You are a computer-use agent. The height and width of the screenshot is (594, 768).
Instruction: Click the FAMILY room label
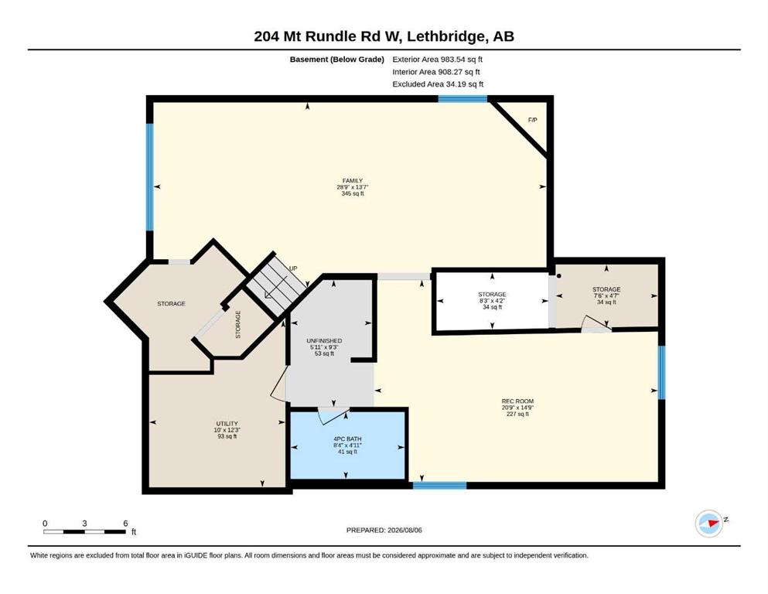coord(353,181)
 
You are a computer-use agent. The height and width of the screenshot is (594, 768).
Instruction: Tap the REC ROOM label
coord(517,401)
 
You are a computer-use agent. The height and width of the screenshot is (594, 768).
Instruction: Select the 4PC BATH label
coord(347,439)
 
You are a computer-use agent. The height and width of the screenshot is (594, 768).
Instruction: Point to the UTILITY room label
coord(227,424)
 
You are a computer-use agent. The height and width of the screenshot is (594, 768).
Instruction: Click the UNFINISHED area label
coord(324,341)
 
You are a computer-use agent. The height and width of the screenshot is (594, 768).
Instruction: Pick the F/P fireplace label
coord(532,120)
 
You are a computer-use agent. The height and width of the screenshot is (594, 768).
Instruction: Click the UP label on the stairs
coord(293,268)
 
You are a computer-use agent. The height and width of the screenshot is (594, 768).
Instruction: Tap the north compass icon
coord(709,523)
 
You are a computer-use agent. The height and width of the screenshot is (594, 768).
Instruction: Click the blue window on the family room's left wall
coord(150,177)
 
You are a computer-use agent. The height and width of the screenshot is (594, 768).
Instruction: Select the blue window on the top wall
coord(463,99)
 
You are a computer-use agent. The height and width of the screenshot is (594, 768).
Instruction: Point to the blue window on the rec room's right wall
coord(661,373)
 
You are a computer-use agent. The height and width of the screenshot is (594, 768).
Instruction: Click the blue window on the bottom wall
coord(439,485)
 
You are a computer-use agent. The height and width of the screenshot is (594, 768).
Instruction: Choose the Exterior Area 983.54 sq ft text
coord(438,60)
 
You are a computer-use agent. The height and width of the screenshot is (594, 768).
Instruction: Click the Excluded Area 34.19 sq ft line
coord(438,84)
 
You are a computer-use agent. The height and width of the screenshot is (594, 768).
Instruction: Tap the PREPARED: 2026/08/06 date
coord(384,530)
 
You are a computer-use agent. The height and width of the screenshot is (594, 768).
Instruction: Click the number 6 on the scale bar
coord(125,524)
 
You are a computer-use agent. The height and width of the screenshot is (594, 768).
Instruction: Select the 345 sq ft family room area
coord(353,193)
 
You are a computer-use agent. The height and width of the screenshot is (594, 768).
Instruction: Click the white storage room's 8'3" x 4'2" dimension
coord(492,301)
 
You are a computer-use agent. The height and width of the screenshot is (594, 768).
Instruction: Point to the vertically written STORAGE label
coord(238,324)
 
